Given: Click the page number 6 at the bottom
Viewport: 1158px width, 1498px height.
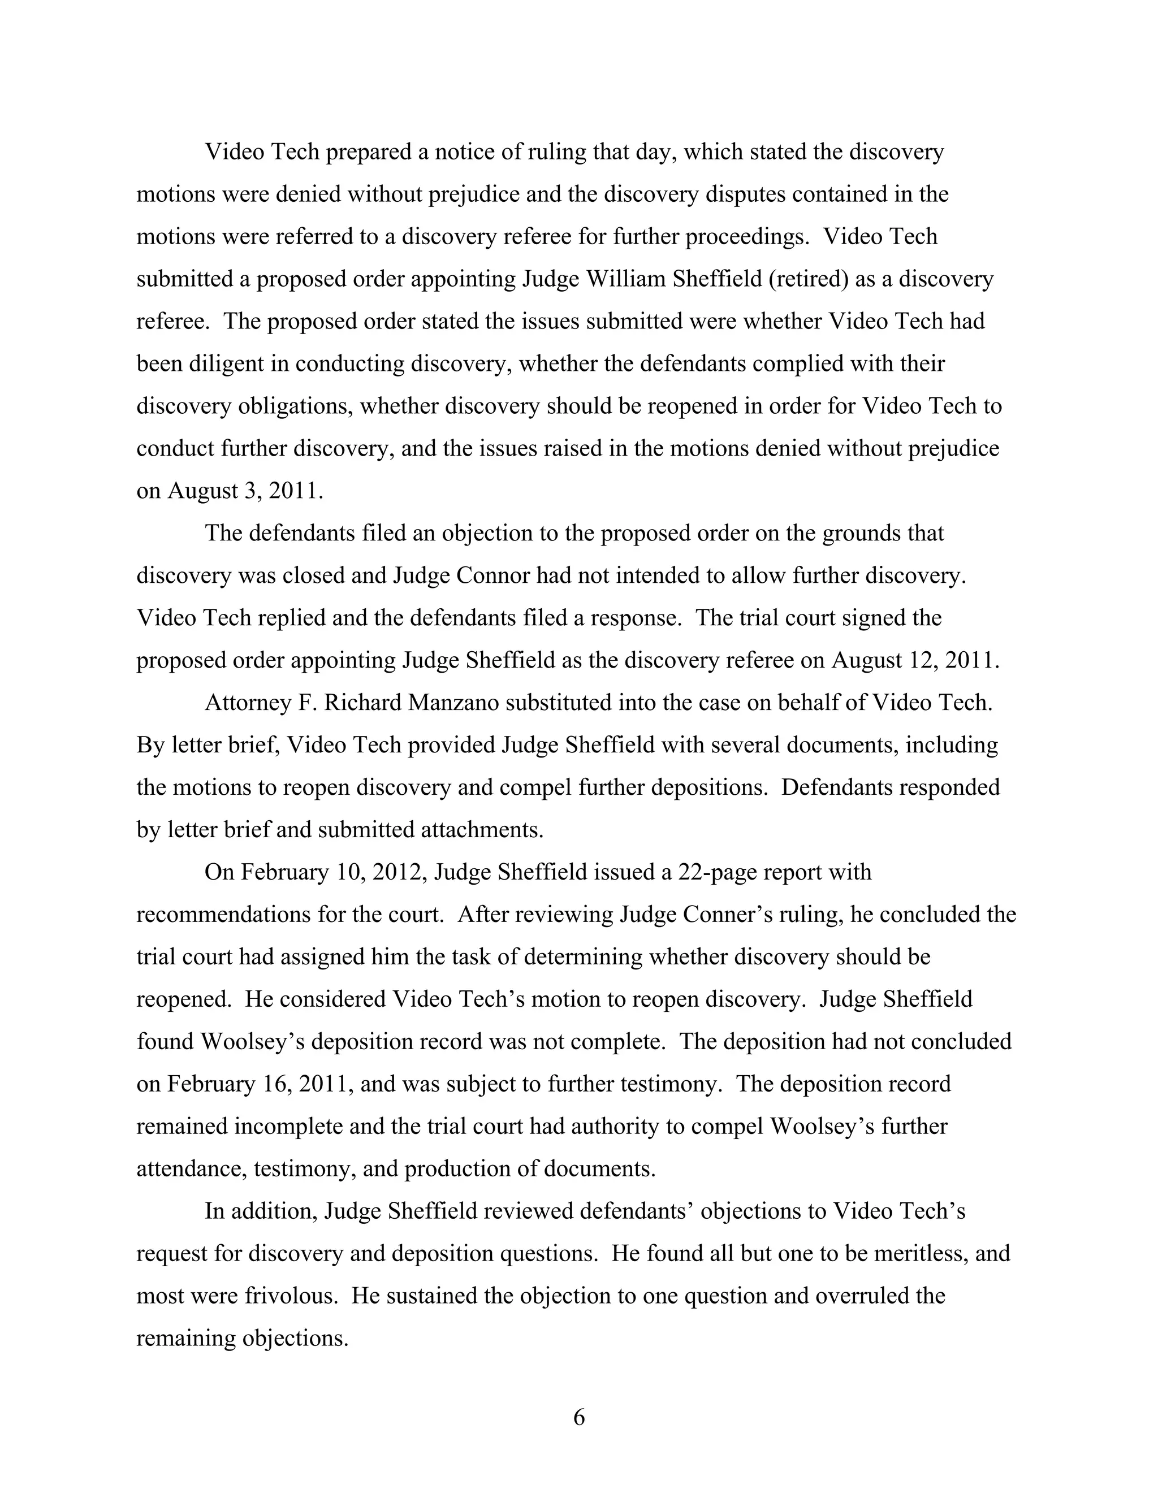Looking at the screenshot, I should [x=578, y=1417].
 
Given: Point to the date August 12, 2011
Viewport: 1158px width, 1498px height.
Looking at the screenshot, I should [x=915, y=660].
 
